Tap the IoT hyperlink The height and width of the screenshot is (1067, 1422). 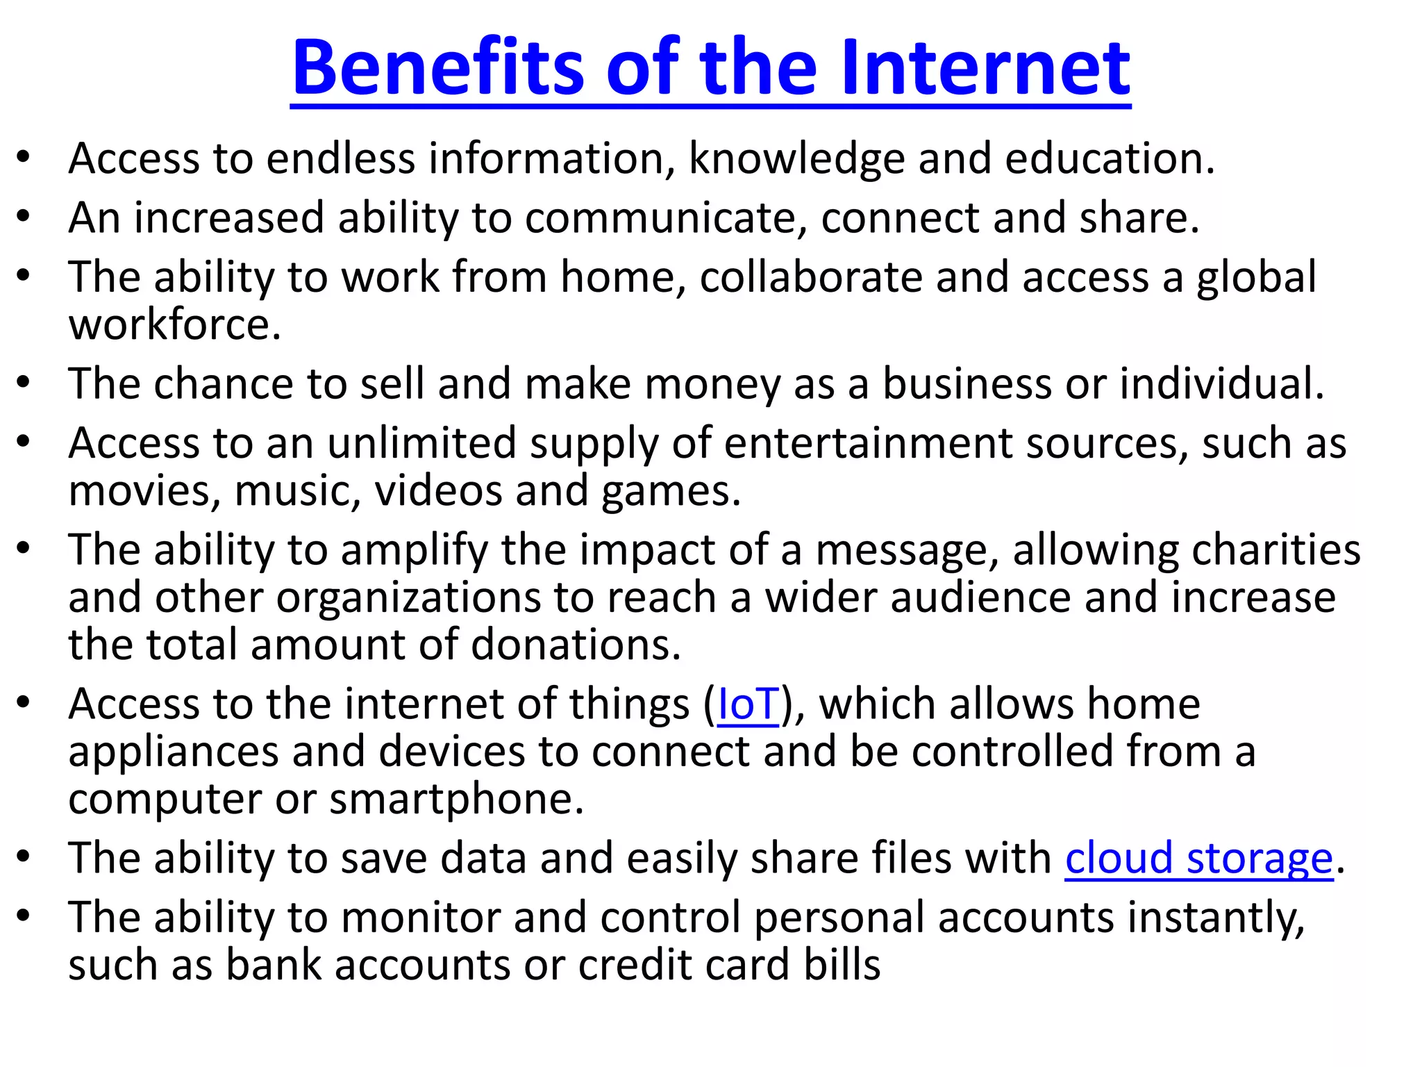point(748,704)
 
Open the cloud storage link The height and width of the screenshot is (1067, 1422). point(1199,859)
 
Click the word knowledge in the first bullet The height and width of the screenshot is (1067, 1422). point(796,159)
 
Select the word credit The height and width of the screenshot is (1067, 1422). point(630,965)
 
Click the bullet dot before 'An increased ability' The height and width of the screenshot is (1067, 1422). point(24,217)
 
